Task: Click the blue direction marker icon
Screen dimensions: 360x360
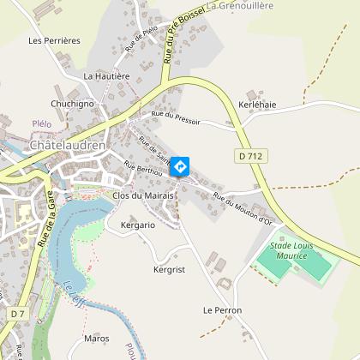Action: [x=180, y=165]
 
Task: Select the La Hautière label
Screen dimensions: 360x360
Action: [x=106, y=75]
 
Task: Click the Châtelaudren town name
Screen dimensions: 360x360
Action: [x=67, y=146]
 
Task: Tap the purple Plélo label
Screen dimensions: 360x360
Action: [x=42, y=123]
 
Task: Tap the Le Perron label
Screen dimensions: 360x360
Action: [x=222, y=309]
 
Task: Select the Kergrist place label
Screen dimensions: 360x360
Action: [x=169, y=269]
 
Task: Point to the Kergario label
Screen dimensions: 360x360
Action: [x=138, y=225]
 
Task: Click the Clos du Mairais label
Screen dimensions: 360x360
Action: [x=143, y=195]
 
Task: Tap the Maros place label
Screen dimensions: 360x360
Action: [x=97, y=339]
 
